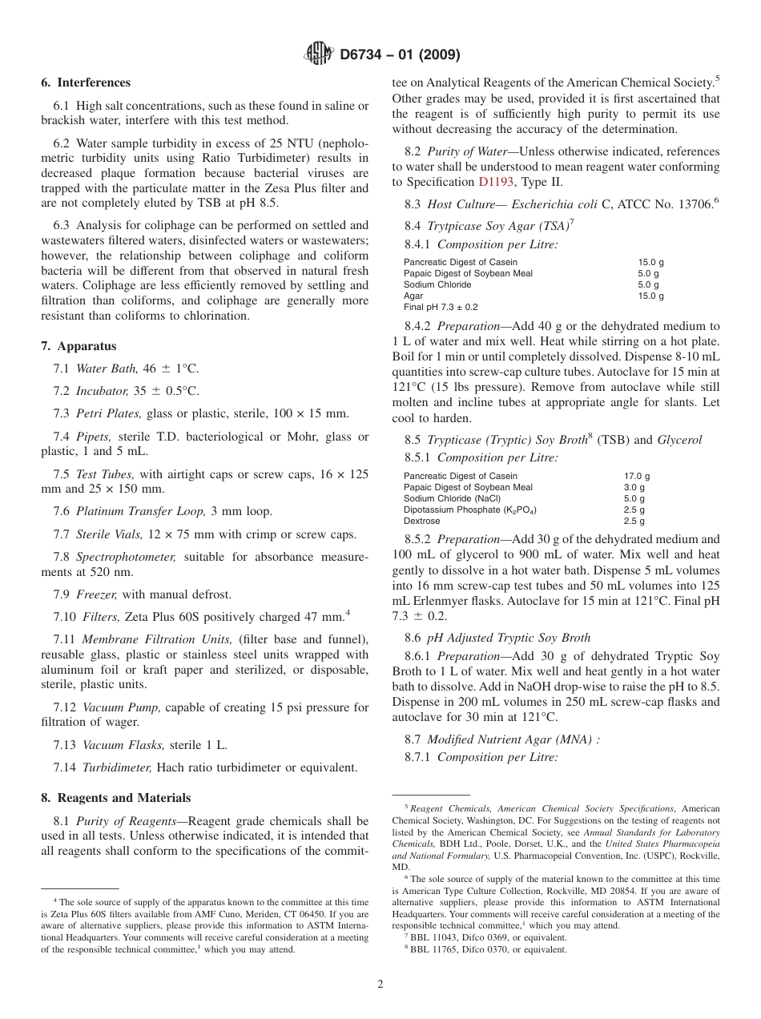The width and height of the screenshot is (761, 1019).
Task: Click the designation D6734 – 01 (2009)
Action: [x=400, y=55]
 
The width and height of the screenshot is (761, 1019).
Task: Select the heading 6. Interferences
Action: [x=86, y=83]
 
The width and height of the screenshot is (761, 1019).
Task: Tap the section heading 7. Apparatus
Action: [x=79, y=346]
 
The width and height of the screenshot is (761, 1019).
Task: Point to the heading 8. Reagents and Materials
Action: [x=116, y=798]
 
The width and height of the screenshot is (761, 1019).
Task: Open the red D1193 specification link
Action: [x=496, y=182]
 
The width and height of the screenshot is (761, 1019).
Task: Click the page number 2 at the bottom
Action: [x=380, y=985]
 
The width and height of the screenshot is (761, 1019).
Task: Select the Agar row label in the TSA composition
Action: [x=413, y=296]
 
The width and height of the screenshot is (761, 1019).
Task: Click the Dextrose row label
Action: [x=421, y=521]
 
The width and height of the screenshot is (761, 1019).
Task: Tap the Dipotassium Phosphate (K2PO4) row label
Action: [x=470, y=509]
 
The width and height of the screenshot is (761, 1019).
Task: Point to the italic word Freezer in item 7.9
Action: [x=96, y=594]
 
